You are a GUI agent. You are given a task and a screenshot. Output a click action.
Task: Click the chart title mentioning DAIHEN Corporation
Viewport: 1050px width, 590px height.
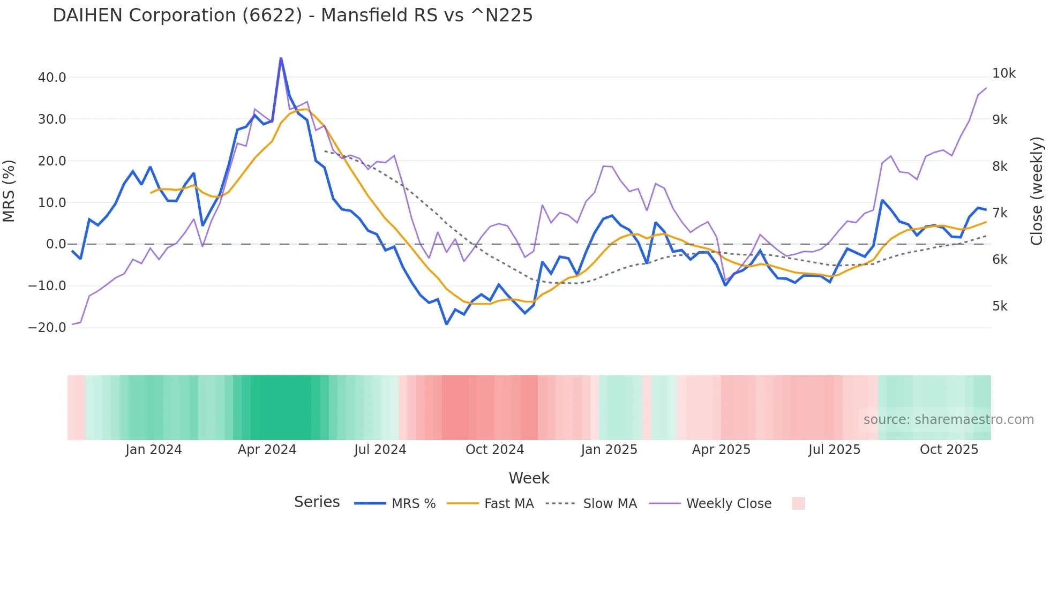292,16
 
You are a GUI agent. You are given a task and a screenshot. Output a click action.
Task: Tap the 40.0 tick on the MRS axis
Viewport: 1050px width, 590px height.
52,78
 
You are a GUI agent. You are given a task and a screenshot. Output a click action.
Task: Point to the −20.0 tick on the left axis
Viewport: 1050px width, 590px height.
48,328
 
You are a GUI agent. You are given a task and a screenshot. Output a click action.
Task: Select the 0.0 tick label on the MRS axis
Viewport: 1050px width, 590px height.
56,244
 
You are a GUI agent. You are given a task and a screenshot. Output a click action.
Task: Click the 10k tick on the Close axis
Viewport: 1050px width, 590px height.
1003,73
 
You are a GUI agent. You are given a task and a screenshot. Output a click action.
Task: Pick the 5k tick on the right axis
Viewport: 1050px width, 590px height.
1000,306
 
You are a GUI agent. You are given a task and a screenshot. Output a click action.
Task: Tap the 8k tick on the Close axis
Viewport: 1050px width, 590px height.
1000,167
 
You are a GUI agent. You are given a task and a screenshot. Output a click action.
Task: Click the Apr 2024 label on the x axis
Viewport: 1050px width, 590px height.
267,450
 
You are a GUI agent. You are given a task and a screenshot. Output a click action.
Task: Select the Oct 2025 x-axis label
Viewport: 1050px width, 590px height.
949,450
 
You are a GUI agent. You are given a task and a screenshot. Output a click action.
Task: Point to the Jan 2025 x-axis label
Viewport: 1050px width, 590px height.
609,450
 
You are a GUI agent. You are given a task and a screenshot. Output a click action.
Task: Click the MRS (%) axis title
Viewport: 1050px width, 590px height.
9,191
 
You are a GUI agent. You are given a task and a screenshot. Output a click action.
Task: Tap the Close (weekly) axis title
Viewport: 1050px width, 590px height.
1037,191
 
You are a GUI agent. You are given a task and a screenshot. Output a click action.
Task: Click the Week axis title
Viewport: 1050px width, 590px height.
529,478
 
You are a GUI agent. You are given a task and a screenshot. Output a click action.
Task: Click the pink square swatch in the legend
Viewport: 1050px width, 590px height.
798,503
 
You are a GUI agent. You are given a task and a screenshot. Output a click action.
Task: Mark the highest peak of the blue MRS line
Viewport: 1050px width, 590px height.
281,58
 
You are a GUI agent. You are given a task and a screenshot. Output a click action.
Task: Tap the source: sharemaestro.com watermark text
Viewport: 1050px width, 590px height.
948,420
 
